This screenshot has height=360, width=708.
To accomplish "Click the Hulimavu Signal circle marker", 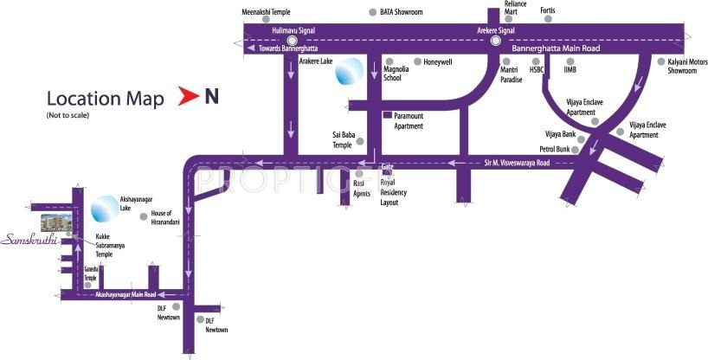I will pos(292,39).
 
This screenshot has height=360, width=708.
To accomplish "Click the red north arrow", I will pos(187,98).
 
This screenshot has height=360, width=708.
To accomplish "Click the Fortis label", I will pos(547,11).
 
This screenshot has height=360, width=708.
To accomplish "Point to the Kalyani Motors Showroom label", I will pos(686,66).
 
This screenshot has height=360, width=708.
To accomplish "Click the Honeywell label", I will pos(440,62).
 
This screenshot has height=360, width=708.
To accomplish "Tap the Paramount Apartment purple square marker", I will pos(387,115).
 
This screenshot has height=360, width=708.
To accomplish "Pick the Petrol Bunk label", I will pos(557,149).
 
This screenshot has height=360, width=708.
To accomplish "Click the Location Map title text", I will pos(105,99).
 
